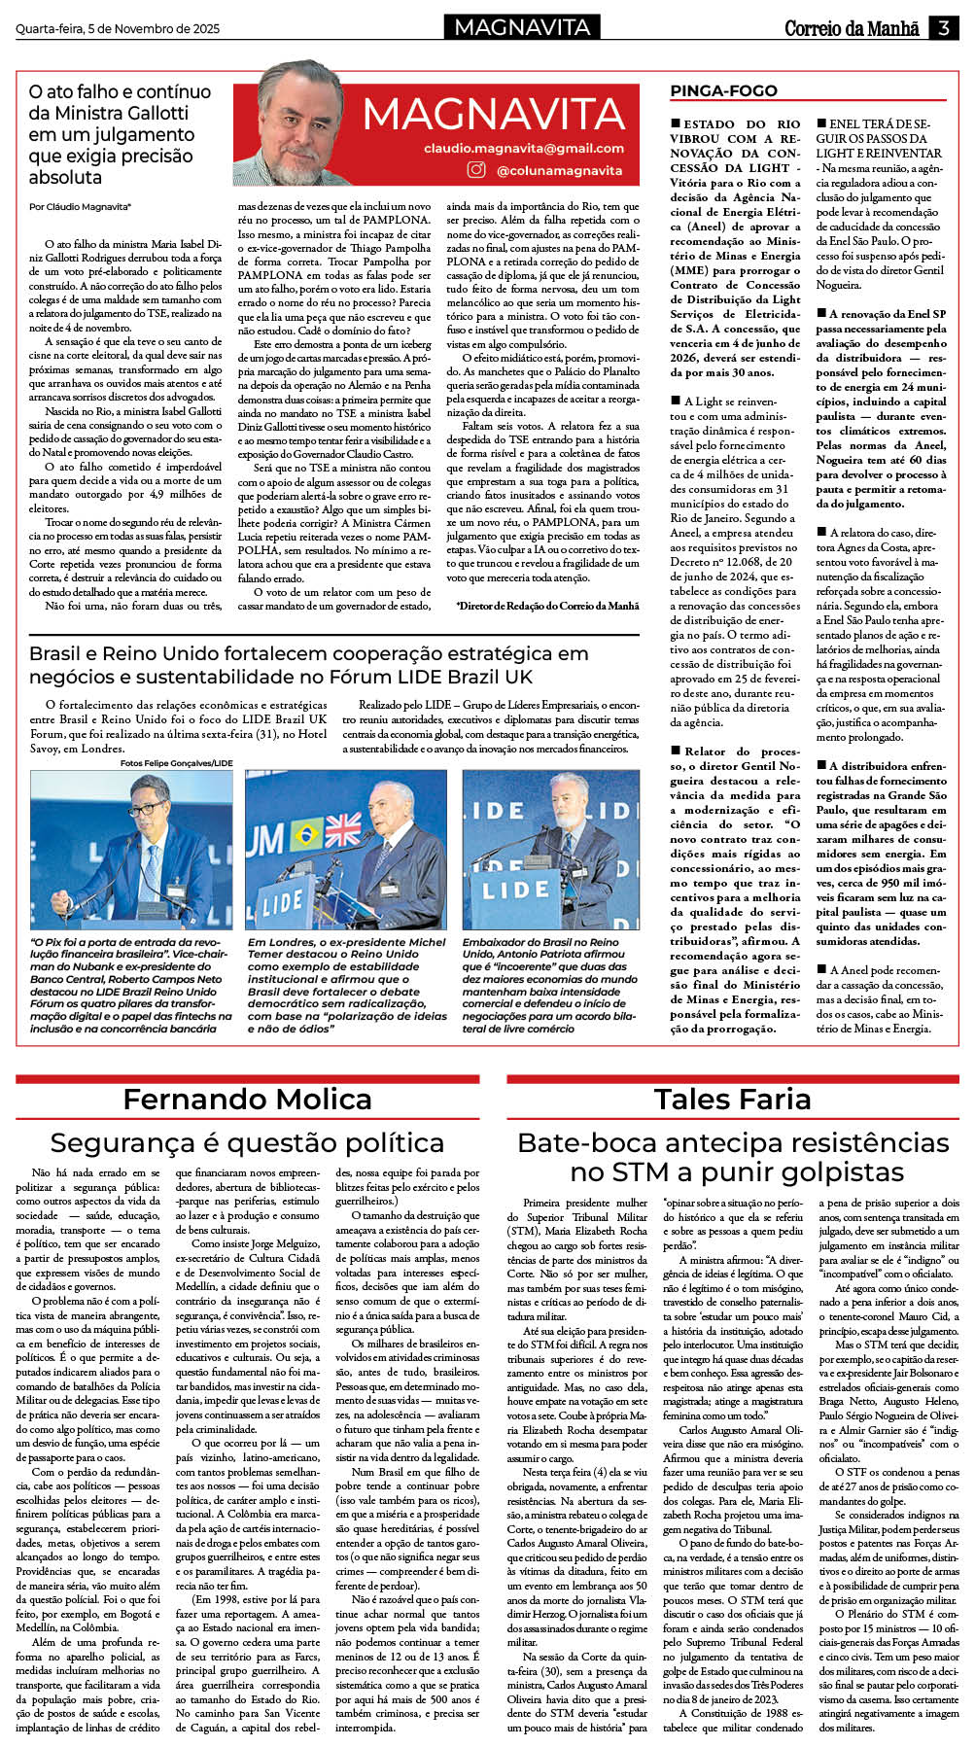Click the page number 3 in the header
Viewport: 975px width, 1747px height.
(x=943, y=28)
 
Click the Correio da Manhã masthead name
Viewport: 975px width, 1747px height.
(x=852, y=28)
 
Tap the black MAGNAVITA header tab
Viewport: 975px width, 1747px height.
(x=522, y=27)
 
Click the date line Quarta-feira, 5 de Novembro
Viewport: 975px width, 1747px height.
(x=118, y=29)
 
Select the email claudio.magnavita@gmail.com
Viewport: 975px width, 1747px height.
(x=524, y=148)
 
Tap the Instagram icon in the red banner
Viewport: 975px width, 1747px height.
(x=476, y=170)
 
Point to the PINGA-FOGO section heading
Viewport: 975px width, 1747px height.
(x=723, y=91)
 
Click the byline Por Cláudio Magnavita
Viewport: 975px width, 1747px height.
(x=80, y=207)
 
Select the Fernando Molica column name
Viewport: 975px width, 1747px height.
(x=247, y=1100)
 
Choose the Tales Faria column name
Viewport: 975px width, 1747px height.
(x=732, y=1100)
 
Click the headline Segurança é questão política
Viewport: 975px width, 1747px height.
(x=247, y=1142)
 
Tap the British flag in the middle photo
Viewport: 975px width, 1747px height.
(x=342, y=829)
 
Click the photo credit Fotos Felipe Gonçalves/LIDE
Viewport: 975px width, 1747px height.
(x=177, y=763)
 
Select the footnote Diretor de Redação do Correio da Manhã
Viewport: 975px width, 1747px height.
(x=547, y=606)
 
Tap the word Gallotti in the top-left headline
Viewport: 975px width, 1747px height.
(x=151, y=113)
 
